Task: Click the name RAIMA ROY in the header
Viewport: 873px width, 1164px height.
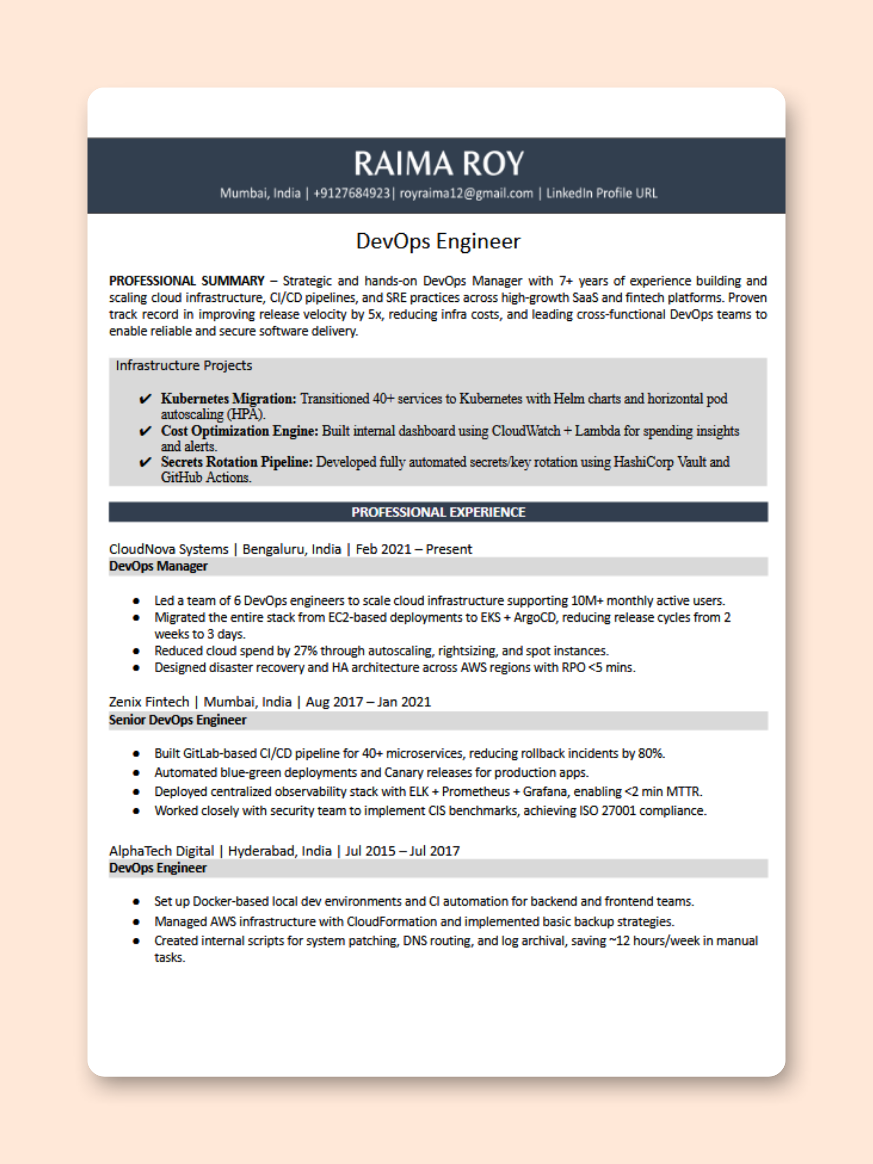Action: click(438, 163)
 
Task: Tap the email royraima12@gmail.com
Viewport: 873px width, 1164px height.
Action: click(466, 193)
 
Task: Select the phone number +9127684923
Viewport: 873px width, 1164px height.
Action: click(351, 193)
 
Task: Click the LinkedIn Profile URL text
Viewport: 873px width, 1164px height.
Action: click(601, 193)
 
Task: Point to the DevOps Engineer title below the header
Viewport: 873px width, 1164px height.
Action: click(438, 241)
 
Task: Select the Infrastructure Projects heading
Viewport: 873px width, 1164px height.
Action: click(183, 365)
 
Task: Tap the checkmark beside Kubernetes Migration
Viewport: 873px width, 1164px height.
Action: click(145, 399)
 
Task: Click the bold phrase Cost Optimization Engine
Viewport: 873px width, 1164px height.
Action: click(239, 431)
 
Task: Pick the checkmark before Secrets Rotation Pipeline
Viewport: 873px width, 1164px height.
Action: click(145, 462)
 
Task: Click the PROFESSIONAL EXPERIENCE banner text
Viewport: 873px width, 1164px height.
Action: click(438, 512)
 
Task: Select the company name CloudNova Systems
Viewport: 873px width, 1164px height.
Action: click(169, 549)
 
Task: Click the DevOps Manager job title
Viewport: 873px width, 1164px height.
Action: click(158, 566)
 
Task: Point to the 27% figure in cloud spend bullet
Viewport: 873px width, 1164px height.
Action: click(305, 651)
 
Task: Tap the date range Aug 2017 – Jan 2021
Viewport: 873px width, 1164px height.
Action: click(368, 702)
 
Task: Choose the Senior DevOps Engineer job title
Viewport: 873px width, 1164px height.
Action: click(177, 720)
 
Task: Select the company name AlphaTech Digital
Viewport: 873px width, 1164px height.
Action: click(161, 851)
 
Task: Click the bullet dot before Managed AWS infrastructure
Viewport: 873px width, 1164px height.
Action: click(136, 922)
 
